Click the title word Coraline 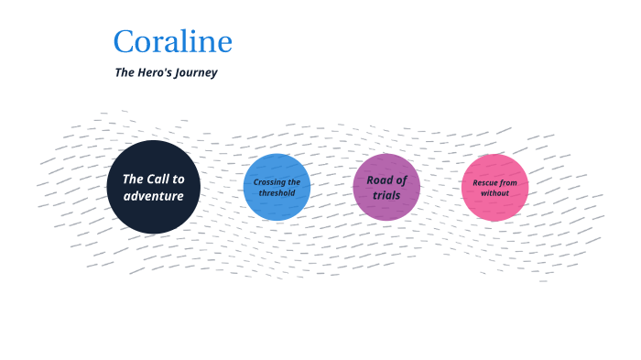click(x=172, y=42)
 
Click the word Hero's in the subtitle click(x=154, y=72)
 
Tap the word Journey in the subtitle click(x=197, y=72)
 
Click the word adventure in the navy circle click(x=153, y=196)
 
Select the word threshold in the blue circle click(x=277, y=193)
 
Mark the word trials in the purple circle click(x=386, y=195)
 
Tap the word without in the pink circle click(x=494, y=193)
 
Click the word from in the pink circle click(x=509, y=182)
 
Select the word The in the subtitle click(x=125, y=72)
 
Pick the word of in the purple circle click(x=401, y=180)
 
